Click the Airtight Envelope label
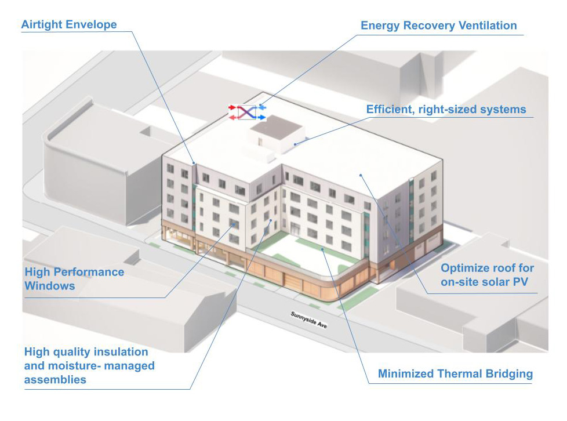tap(69, 25)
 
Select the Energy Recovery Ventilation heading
tap(438, 26)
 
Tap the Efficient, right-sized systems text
tap(446, 109)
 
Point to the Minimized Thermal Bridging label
tap(455, 373)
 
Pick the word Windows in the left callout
tap(50, 285)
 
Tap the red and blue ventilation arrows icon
tap(247, 112)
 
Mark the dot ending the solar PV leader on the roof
tap(360, 173)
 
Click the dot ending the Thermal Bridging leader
tap(323, 249)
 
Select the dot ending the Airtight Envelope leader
tap(194, 164)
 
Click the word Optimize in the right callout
tap(463, 268)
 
